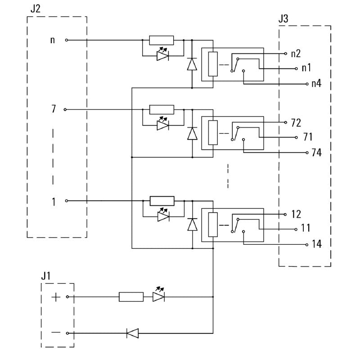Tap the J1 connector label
46,276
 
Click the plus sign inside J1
55,297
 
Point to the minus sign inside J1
55,333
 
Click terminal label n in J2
53,40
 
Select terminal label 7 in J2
53,109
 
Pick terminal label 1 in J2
54,201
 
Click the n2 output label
296,54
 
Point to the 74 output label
316,153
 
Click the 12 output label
296,214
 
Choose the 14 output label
316,244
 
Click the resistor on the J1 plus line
131,297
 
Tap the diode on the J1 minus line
132,333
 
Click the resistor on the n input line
161,40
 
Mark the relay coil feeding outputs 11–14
213,224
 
